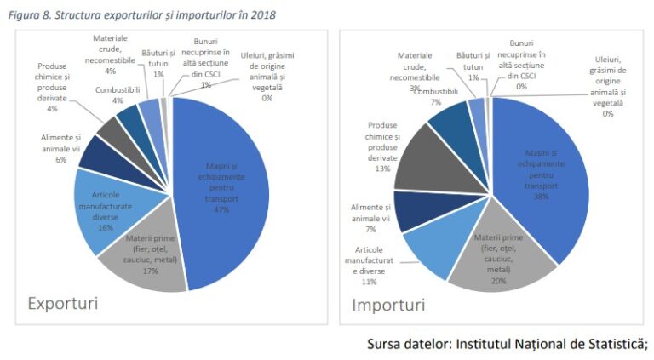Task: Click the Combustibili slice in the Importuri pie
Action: tap(450, 125)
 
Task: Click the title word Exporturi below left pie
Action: tap(62, 303)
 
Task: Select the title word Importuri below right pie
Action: tap(388, 303)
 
